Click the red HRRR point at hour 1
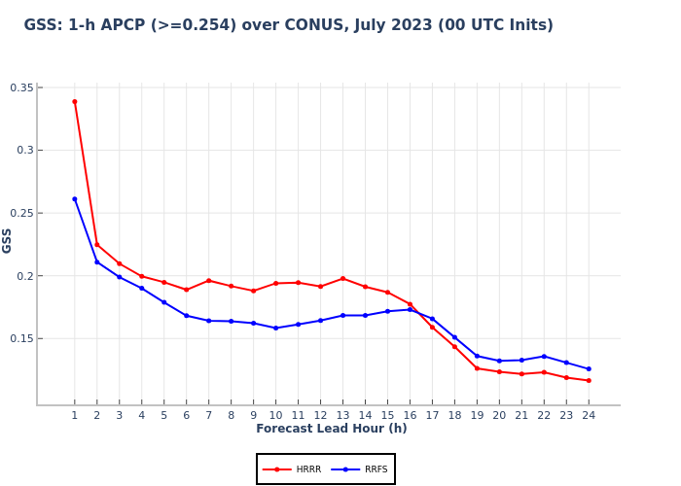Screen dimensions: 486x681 tap(74, 101)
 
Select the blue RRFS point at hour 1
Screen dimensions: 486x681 tap(74, 199)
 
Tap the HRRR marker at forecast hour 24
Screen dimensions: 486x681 tap(589, 380)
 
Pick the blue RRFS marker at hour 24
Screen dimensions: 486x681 tap(589, 368)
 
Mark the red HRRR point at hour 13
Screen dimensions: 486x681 tap(342, 278)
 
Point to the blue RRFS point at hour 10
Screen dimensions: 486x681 tap(275, 328)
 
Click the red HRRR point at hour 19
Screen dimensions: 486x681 tap(477, 368)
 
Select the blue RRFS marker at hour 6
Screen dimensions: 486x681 tap(186, 315)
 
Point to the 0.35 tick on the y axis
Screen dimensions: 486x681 tap(21, 87)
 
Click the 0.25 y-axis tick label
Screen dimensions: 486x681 tap(21, 213)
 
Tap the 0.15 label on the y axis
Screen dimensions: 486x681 tap(21, 338)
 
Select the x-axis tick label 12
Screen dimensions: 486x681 tap(320, 415)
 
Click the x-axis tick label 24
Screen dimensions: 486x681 tap(589, 415)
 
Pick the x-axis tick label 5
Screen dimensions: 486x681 tap(163, 415)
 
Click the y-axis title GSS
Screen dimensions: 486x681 tap(8, 240)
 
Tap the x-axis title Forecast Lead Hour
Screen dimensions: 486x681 tap(332, 429)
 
